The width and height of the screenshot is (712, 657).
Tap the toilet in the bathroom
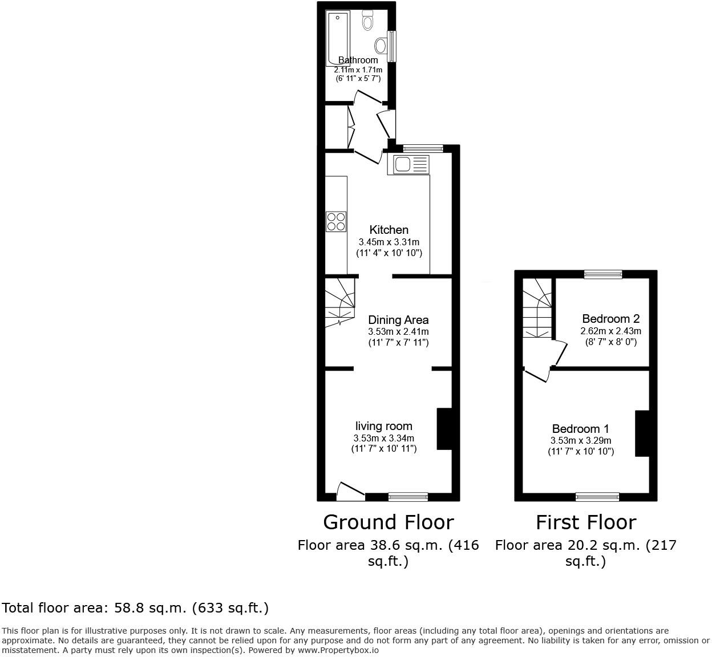pyautogui.click(x=367, y=22)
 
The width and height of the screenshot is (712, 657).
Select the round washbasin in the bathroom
pyautogui.click(x=381, y=45)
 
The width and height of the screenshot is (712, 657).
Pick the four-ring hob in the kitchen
pyautogui.click(x=336, y=221)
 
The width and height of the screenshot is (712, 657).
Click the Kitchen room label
pyautogui.click(x=389, y=230)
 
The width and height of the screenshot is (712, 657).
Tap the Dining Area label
pyautogui.click(x=398, y=320)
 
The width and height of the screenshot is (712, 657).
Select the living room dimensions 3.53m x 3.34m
pyautogui.click(x=384, y=438)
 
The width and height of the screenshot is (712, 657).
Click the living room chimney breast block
pyautogui.click(x=444, y=429)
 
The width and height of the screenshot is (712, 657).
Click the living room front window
pyautogui.click(x=408, y=497)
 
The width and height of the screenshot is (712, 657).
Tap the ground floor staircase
pyautogui.click(x=339, y=302)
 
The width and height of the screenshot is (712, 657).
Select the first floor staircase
pyautogui.click(x=537, y=308)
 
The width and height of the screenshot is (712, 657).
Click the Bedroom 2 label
pyautogui.click(x=610, y=319)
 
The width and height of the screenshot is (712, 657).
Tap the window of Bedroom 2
pyautogui.click(x=603, y=274)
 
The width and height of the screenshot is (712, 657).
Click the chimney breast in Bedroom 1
pyautogui.click(x=642, y=433)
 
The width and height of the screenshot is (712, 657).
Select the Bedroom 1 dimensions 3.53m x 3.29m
pyautogui.click(x=581, y=441)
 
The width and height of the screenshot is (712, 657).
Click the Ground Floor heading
pyautogui.click(x=389, y=522)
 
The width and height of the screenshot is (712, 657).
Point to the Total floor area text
pyautogui.click(x=135, y=608)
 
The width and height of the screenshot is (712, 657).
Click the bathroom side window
pyautogui.click(x=391, y=46)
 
